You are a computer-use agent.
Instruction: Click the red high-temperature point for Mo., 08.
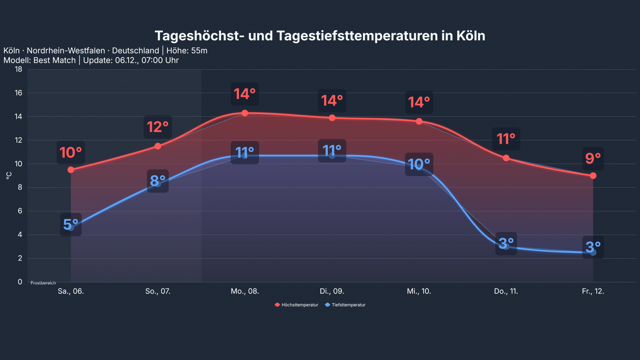click(x=245, y=113)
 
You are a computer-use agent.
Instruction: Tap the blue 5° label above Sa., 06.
click(x=71, y=224)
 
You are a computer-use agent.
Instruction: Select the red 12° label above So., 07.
click(x=157, y=127)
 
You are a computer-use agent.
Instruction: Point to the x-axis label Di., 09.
click(x=332, y=291)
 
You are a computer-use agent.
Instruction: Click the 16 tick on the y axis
click(x=18, y=93)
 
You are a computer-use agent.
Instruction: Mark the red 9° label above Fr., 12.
click(x=593, y=158)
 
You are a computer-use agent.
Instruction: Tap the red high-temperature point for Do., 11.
click(x=506, y=158)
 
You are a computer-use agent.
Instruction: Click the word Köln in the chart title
click(x=471, y=36)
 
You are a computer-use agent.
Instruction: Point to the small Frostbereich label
click(x=43, y=283)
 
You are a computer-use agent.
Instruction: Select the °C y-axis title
click(x=9, y=176)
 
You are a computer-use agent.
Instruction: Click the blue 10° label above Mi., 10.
click(x=419, y=164)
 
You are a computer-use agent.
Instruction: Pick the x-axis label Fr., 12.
click(x=593, y=291)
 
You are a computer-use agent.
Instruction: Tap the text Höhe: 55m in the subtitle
click(x=187, y=51)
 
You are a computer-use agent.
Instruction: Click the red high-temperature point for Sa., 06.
click(x=71, y=170)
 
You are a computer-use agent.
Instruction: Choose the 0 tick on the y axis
click(x=20, y=282)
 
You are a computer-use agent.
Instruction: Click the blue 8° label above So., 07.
click(x=157, y=181)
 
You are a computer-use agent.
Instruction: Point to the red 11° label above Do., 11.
click(x=506, y=139)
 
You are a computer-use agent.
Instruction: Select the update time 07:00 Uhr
click(x=160, y=60)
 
